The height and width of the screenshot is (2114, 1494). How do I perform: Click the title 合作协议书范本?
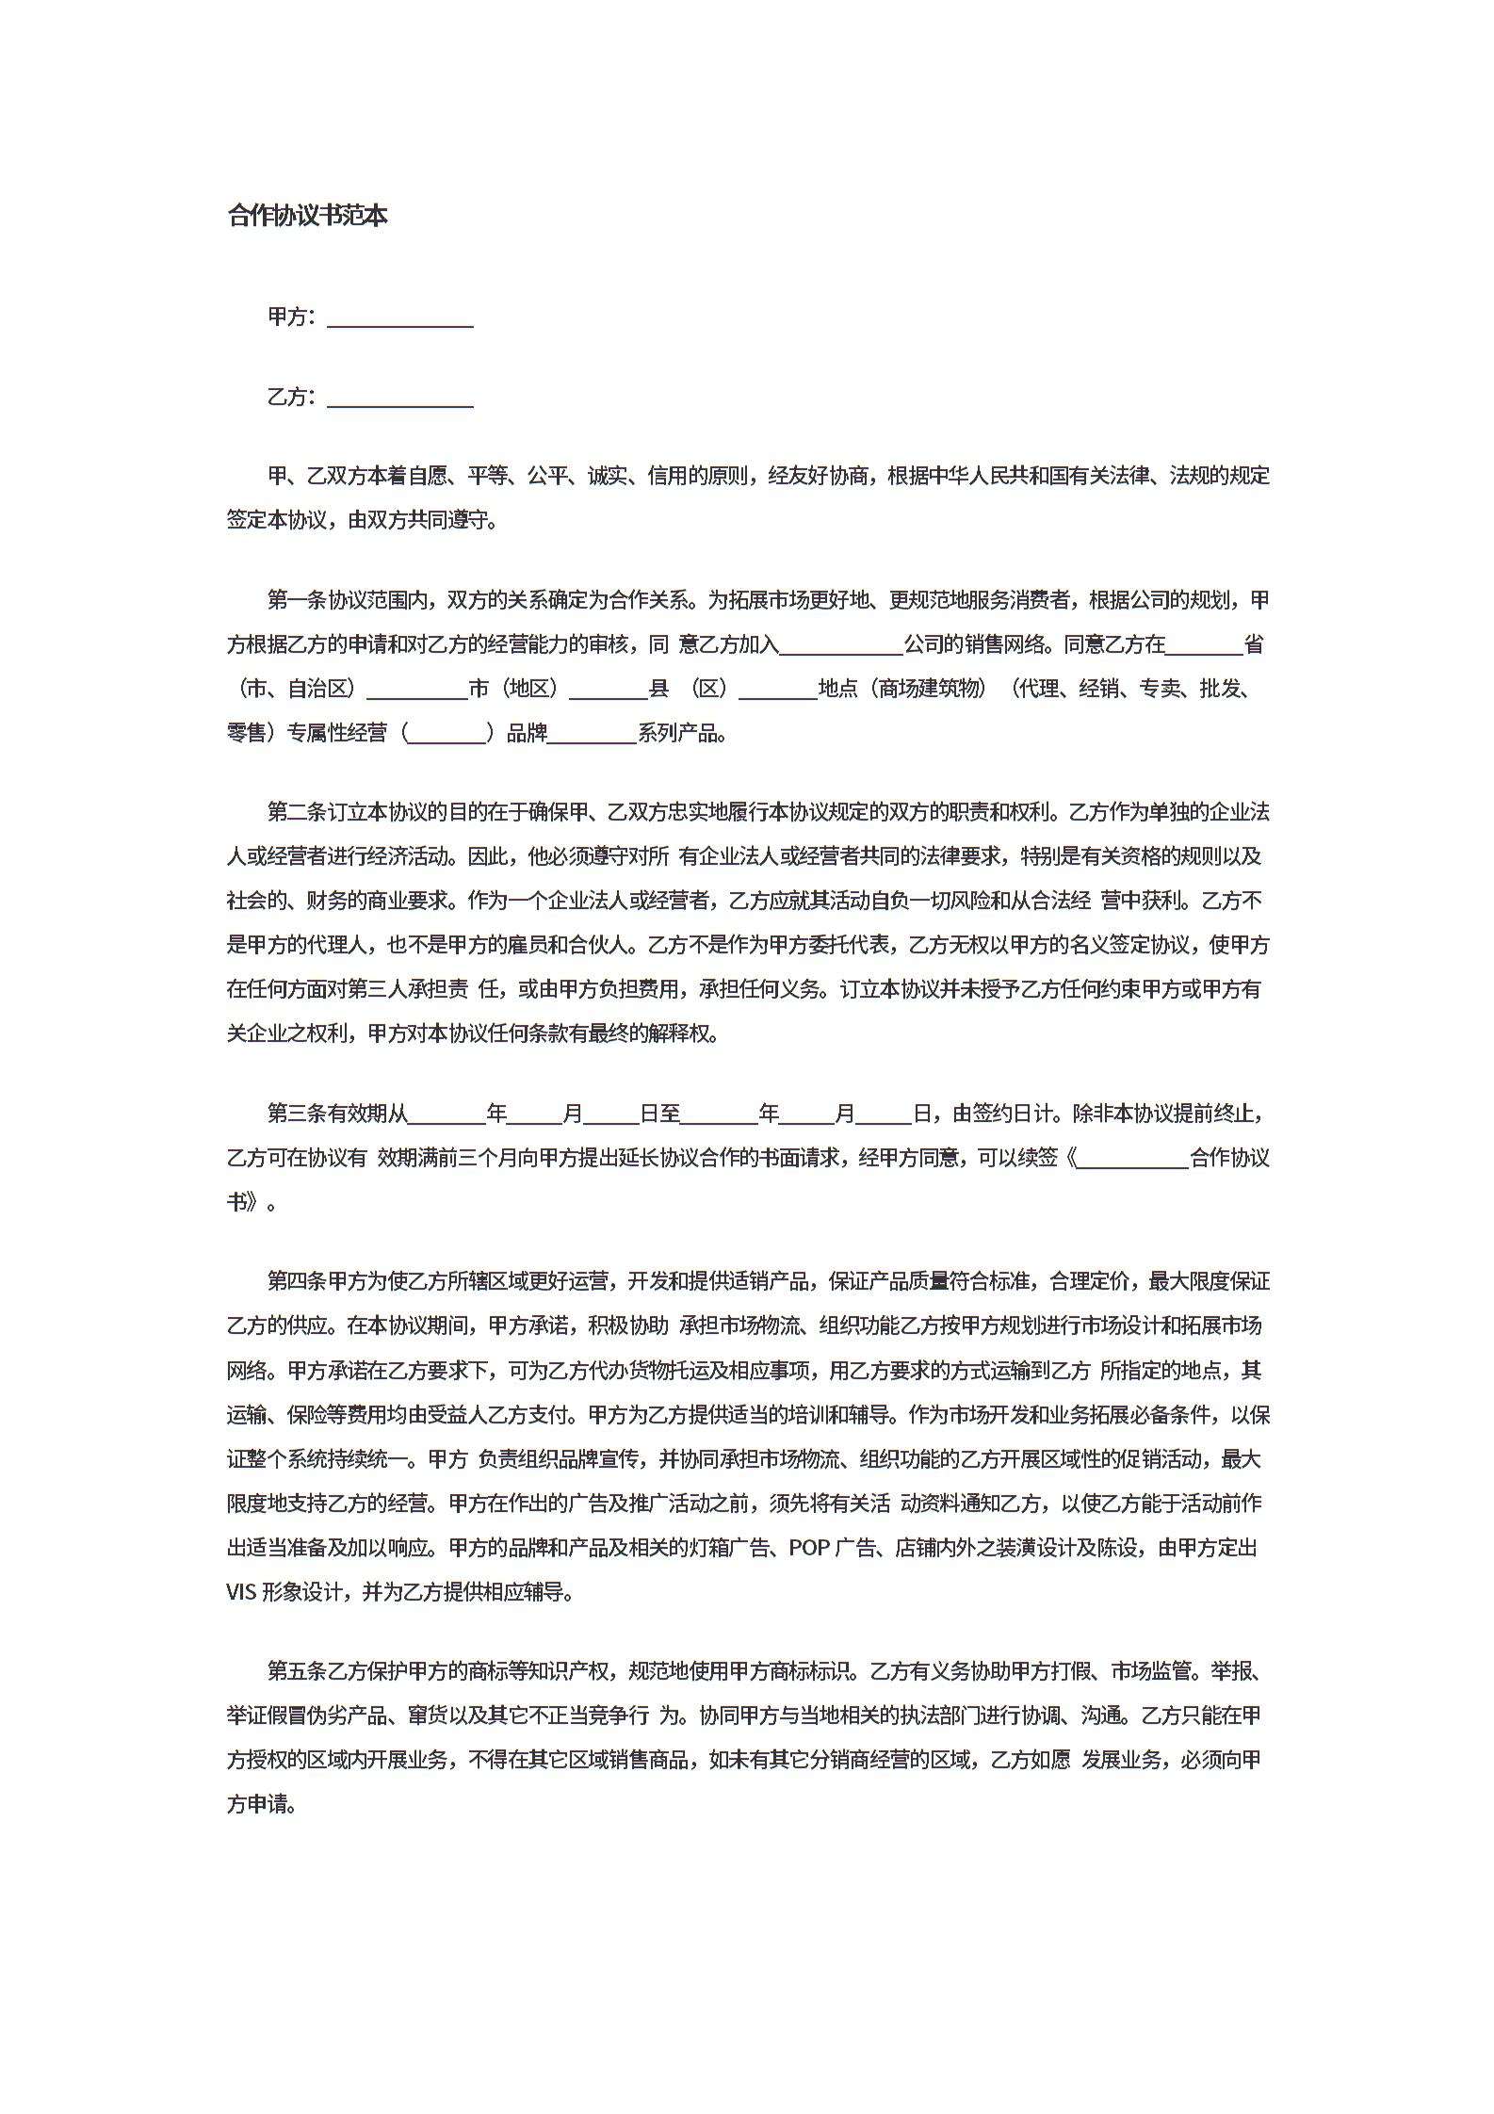307,216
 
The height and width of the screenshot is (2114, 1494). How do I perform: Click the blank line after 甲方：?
399,318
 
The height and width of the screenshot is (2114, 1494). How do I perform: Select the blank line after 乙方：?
399,398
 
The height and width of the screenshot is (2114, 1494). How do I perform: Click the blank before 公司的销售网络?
841,645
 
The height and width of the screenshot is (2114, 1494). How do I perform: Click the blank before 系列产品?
592,734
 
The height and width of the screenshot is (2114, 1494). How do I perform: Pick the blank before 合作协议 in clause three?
1132,1159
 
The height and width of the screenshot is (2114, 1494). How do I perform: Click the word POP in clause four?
809,1548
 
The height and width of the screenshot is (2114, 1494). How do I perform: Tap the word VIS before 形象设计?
241,1592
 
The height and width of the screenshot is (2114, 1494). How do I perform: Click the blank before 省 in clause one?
1205,645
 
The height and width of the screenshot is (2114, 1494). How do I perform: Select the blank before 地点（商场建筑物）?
778,690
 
